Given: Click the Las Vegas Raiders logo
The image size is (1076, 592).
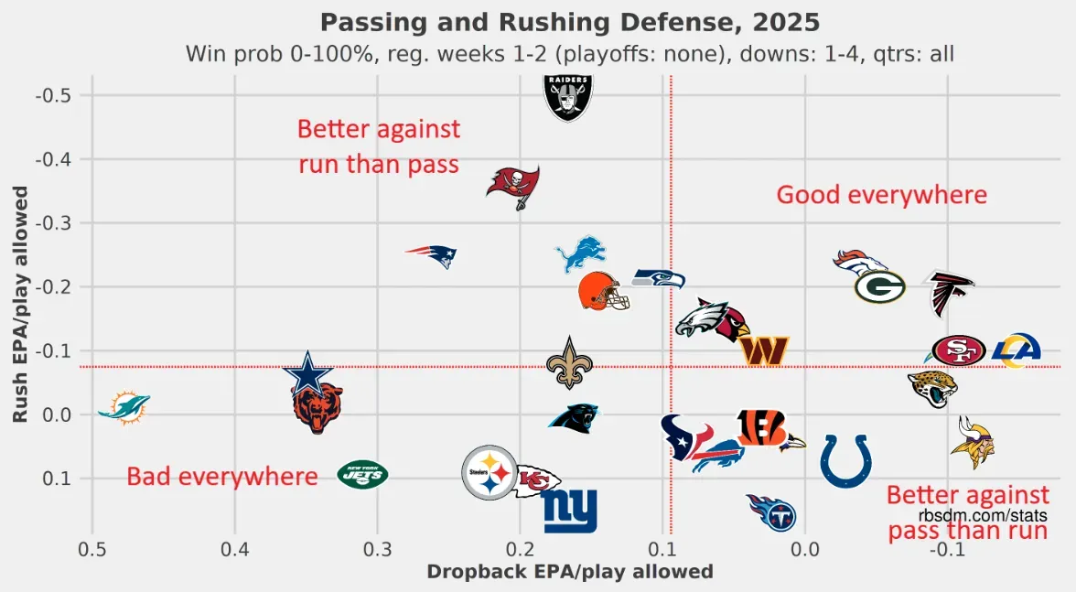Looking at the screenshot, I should coord(569,96).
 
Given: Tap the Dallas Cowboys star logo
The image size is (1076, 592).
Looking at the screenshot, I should coord(308,373).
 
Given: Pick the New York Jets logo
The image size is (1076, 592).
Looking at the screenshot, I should coord(363,474).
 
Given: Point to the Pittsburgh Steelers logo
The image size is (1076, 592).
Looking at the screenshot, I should coord(490,473).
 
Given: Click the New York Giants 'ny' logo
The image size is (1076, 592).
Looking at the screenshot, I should coord(570,511).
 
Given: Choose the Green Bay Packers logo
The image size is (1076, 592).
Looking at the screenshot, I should coord(880,286).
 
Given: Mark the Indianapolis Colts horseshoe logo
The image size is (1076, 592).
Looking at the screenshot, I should coord(845,460).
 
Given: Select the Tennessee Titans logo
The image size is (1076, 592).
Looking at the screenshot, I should coord(772,513).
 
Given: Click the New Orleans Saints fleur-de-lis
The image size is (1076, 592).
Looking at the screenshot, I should coord(569,362).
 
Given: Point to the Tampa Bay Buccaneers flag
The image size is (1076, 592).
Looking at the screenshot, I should coord(513,187).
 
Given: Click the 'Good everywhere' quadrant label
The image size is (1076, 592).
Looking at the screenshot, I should coord(881,195).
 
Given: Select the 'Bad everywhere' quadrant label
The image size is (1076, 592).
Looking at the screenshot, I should coord(221,476).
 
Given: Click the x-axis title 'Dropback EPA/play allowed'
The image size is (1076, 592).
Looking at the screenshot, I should coord(570,572).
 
